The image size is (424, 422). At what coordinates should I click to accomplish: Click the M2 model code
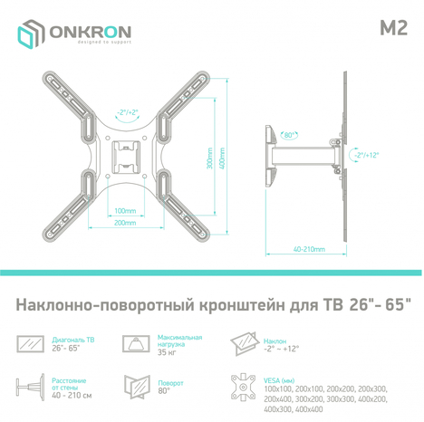[390, 26]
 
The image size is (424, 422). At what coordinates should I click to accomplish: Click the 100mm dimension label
[125, 210]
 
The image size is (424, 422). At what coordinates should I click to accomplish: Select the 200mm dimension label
[125, 222]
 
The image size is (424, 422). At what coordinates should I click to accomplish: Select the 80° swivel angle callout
[288, 136]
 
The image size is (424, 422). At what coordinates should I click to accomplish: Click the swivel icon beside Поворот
[138, 387]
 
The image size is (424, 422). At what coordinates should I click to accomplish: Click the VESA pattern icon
[244, 387]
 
